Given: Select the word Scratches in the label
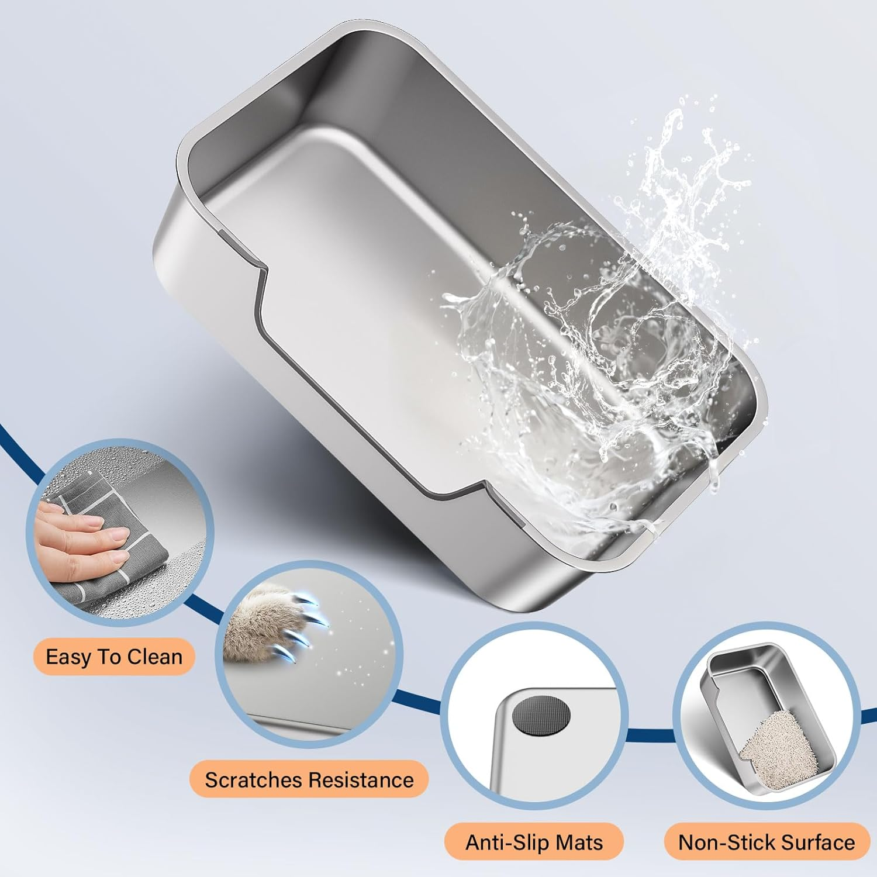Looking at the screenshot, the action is pos(253,780).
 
